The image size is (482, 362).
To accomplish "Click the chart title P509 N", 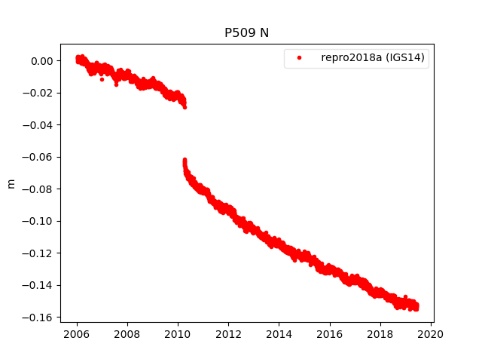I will click(x=246, y=33).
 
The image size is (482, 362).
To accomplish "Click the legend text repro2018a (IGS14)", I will click(x=374, y=57).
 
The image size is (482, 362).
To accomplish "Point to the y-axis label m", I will click(x=11, y=183).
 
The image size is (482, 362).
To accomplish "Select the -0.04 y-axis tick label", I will click(x=39, y=125).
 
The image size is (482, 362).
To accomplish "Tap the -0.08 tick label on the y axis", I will click(x=39, y=189).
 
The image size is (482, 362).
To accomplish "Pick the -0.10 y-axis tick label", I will click(x=39, y=221).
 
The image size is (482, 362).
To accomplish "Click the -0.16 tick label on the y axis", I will click(x=39, y=318).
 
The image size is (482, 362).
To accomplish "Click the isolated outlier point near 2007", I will click(x=102, y=79).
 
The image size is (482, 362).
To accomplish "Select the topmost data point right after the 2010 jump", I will click(x=185, y=160).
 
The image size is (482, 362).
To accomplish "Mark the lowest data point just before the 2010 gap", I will click(x=185, y=107).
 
